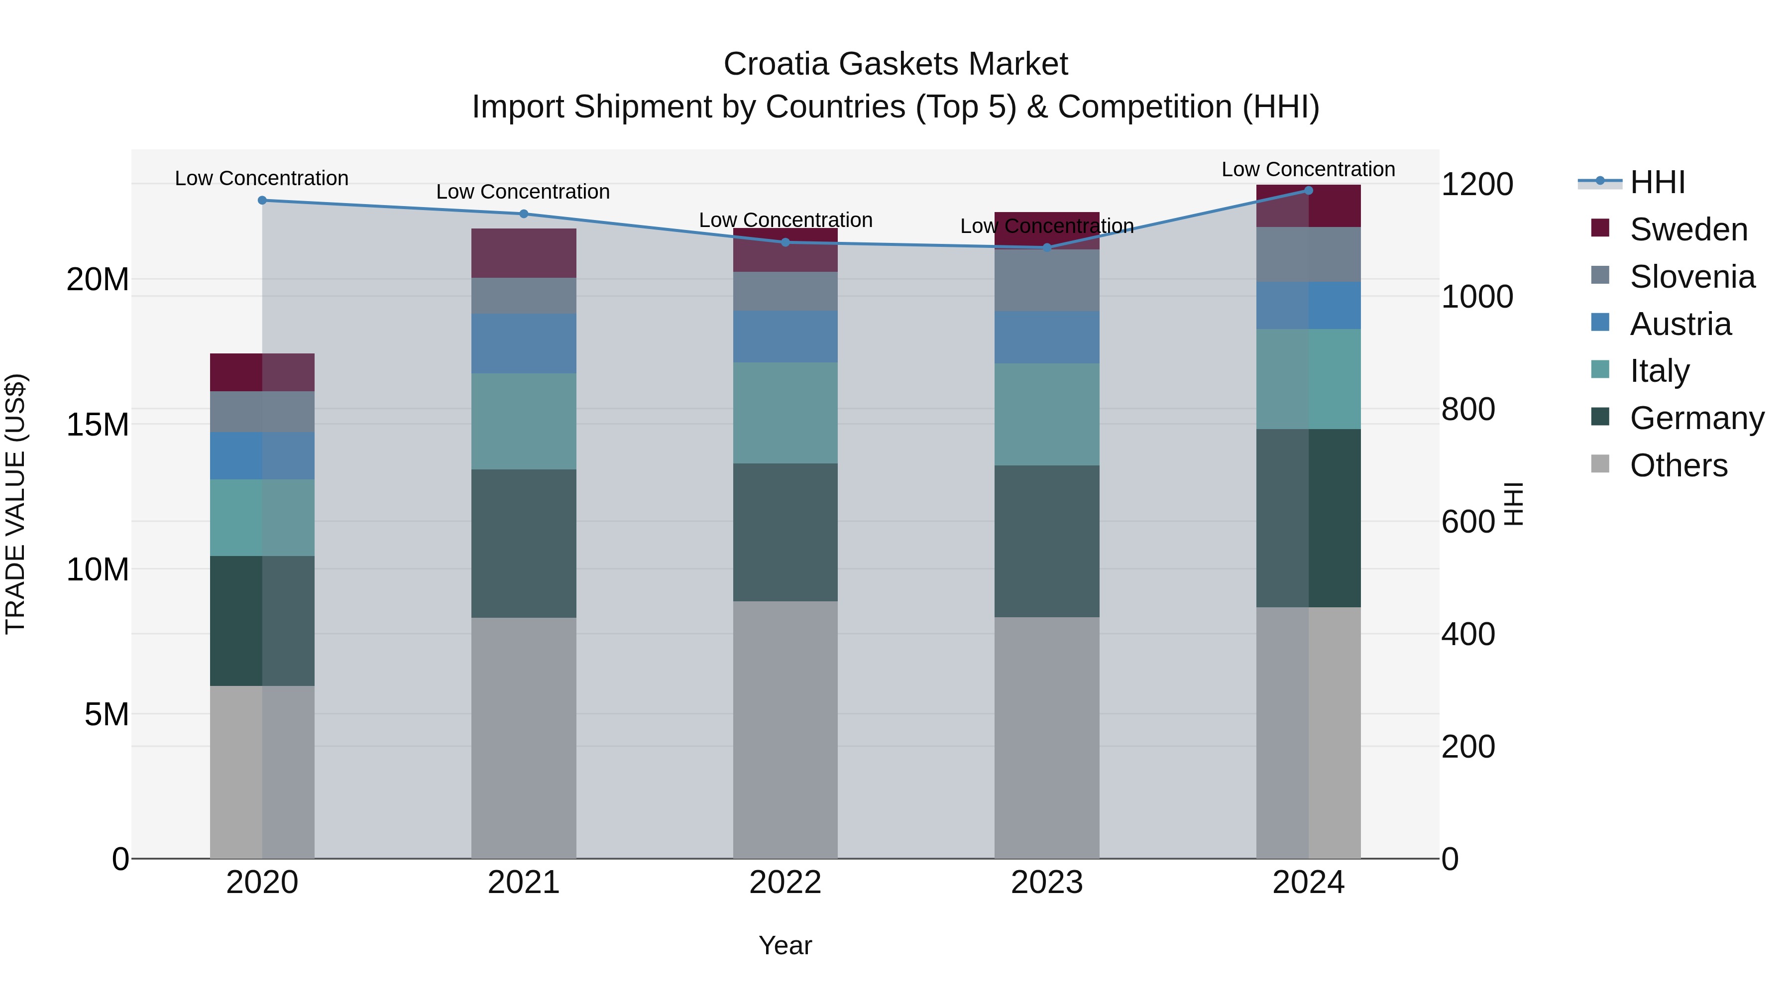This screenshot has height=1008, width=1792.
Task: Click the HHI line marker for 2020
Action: coord(262,200)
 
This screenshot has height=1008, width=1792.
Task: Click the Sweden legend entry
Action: coord(1688,229)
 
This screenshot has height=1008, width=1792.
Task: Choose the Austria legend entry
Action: coord(1680,324)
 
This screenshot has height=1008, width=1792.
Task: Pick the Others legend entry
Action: coord(1678,465)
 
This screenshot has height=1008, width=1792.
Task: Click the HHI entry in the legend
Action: coord(1657,182)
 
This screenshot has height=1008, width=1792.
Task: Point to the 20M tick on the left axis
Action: coord(98,280)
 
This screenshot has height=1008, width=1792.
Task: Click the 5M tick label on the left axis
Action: coord(107,714)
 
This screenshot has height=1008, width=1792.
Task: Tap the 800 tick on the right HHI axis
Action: coord(1468,409)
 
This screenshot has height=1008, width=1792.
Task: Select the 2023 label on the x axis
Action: coord(1046,883)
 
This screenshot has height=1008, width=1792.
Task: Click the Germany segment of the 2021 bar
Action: coord(524,543)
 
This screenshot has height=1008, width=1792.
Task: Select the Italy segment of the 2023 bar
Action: coord(1046,415)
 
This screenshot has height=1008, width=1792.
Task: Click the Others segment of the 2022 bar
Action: coord(785,730)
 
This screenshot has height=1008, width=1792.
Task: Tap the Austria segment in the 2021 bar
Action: coord(524,343)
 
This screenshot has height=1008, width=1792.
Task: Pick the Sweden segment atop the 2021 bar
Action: coord(524,253)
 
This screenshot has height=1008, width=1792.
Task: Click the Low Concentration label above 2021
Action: coord(523,192)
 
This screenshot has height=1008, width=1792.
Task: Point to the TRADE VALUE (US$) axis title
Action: coord(15,504)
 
